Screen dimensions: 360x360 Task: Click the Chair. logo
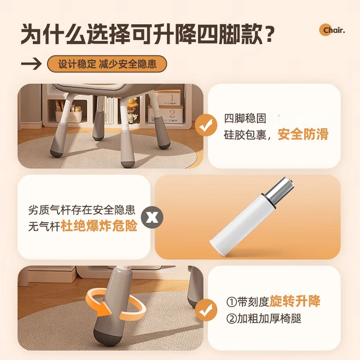pyautogui.click(x=332, y=30)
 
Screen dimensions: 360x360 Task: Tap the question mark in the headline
pyautogui.click(x=268, y=34)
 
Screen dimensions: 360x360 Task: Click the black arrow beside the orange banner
pyautogui.click(x=31, y=64)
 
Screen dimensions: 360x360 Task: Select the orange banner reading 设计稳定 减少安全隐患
pyautogui.click(x=107, y=64)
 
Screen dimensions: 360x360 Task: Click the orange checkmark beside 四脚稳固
pyautogui.click(x=206, y=125)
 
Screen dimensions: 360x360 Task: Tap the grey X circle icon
pyautogui.click(x=152, y=217)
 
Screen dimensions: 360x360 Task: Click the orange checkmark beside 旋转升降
pyautogui.click(x=206, y=310)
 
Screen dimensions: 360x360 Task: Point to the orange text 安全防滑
pyautogui.click(x=303, y=134)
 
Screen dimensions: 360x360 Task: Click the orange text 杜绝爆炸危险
pyautogui.click(x=99, y=226)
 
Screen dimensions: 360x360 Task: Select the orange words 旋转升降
pyautogui.click(x=295, y=301)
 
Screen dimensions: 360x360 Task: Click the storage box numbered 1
pyautogui.click(x=169, y=97)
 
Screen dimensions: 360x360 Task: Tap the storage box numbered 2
pyautogui.click(x=166, y=114)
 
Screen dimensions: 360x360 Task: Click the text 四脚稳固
pyautogui.click(x=245, y=119)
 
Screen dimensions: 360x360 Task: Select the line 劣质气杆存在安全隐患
pyautogui.click(x=82, y=210)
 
